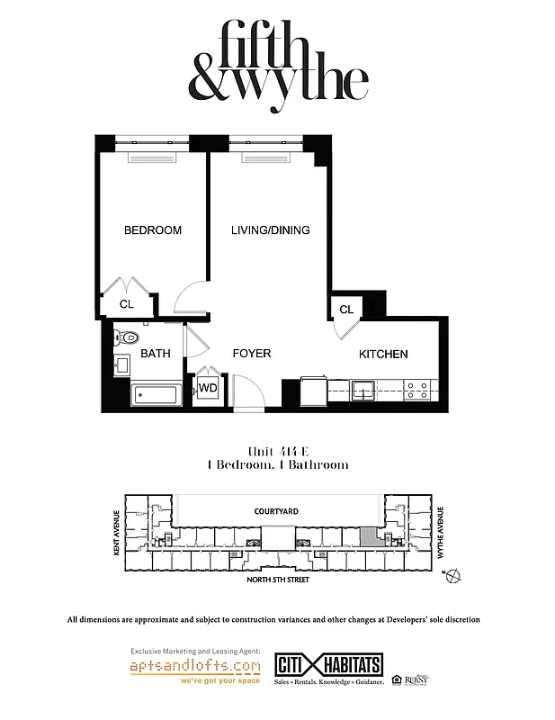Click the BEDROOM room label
(x=152, y=230)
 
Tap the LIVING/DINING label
(x=270, y=230)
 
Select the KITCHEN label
(x=383, y=355)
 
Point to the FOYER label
(x=252, y=354)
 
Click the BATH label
(x=155, y=354)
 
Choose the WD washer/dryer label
(x=208, y=389)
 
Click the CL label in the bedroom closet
(x=127, y=304)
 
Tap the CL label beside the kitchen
(x=346, y=310)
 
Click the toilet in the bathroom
(x=124, y=338)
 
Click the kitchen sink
(x=363, y=390)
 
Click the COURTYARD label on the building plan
(x=275, y=511)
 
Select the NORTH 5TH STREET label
(x=278, y=581)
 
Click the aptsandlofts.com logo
(x=196, y=668)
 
